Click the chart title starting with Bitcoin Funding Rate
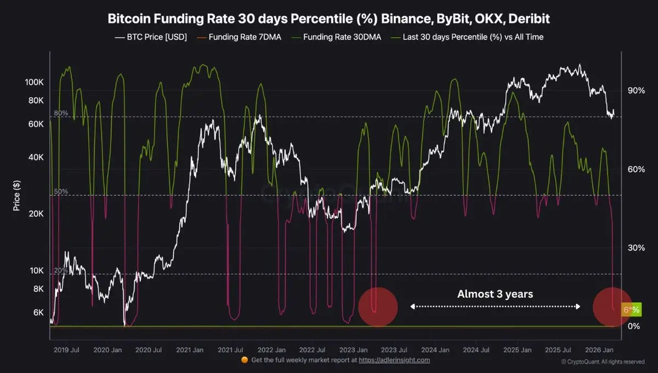coord(328,19)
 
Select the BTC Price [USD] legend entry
coord(151,37)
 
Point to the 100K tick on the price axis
coord(34,82)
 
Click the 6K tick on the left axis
coord(37,313)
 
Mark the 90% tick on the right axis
coord(636,91)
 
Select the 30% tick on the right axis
coord(636,248)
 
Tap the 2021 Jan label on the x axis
coord(191,349)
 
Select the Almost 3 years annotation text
coord(495,294)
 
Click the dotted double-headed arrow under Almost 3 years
coord(495,307)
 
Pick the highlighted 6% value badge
coord(631,310)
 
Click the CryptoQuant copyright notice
coord(603,362)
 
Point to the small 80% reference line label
coord(61,113)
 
